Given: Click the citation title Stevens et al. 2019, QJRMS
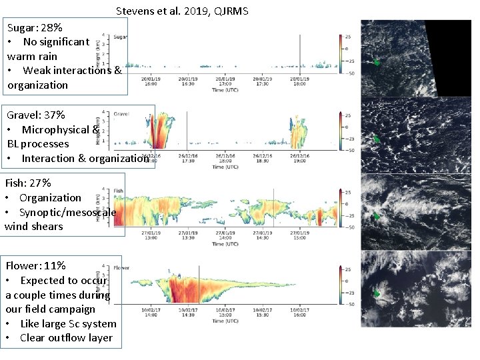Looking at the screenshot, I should [x=182, y=11].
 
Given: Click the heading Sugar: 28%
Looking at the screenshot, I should [x=35, y=28].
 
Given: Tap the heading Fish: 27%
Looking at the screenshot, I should [x=28, y=183].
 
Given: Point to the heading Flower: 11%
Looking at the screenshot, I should [x=35, y=266].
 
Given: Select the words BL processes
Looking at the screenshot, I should [x=38, y=144].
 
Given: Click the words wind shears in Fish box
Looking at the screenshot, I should [x=33, y=226].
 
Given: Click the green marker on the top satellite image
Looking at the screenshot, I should [x=377, y=62].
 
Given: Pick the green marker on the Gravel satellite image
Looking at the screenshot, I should [x=377, y=139].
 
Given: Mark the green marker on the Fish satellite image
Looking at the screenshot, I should [x=377, y=217].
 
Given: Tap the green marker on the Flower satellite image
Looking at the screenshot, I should [x=377, y=293].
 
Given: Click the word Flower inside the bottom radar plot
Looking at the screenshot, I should [x=121, y=268].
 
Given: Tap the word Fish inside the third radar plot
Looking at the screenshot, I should [x=119, y=191].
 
